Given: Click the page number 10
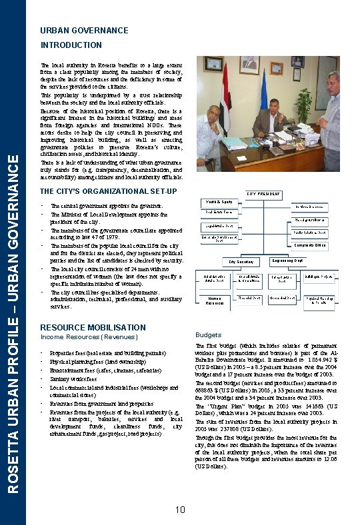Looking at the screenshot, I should (x=180, y=510).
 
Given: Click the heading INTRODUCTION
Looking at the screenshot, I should (x=71, y=45).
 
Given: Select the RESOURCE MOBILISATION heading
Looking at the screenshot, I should (x=93, y=328).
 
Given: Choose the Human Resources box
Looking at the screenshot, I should (x=215, y=301).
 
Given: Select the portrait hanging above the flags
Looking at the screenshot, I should (x=249, y=65).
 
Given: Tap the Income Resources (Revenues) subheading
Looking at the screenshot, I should (x=89, y=337).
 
